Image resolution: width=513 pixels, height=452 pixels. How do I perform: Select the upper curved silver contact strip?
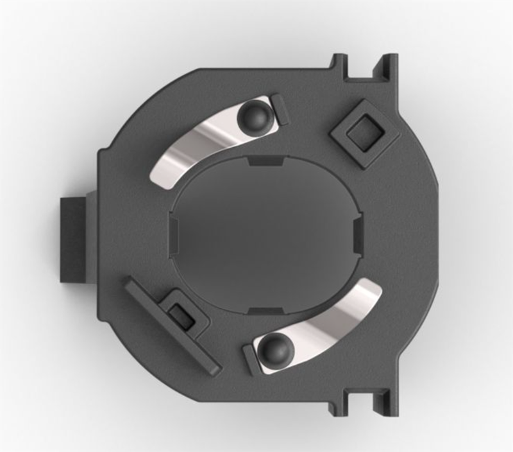click(192, 148)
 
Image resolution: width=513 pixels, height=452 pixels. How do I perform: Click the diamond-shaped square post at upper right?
click(363, 134)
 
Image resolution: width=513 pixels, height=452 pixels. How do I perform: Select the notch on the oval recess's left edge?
click(174, 231)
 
